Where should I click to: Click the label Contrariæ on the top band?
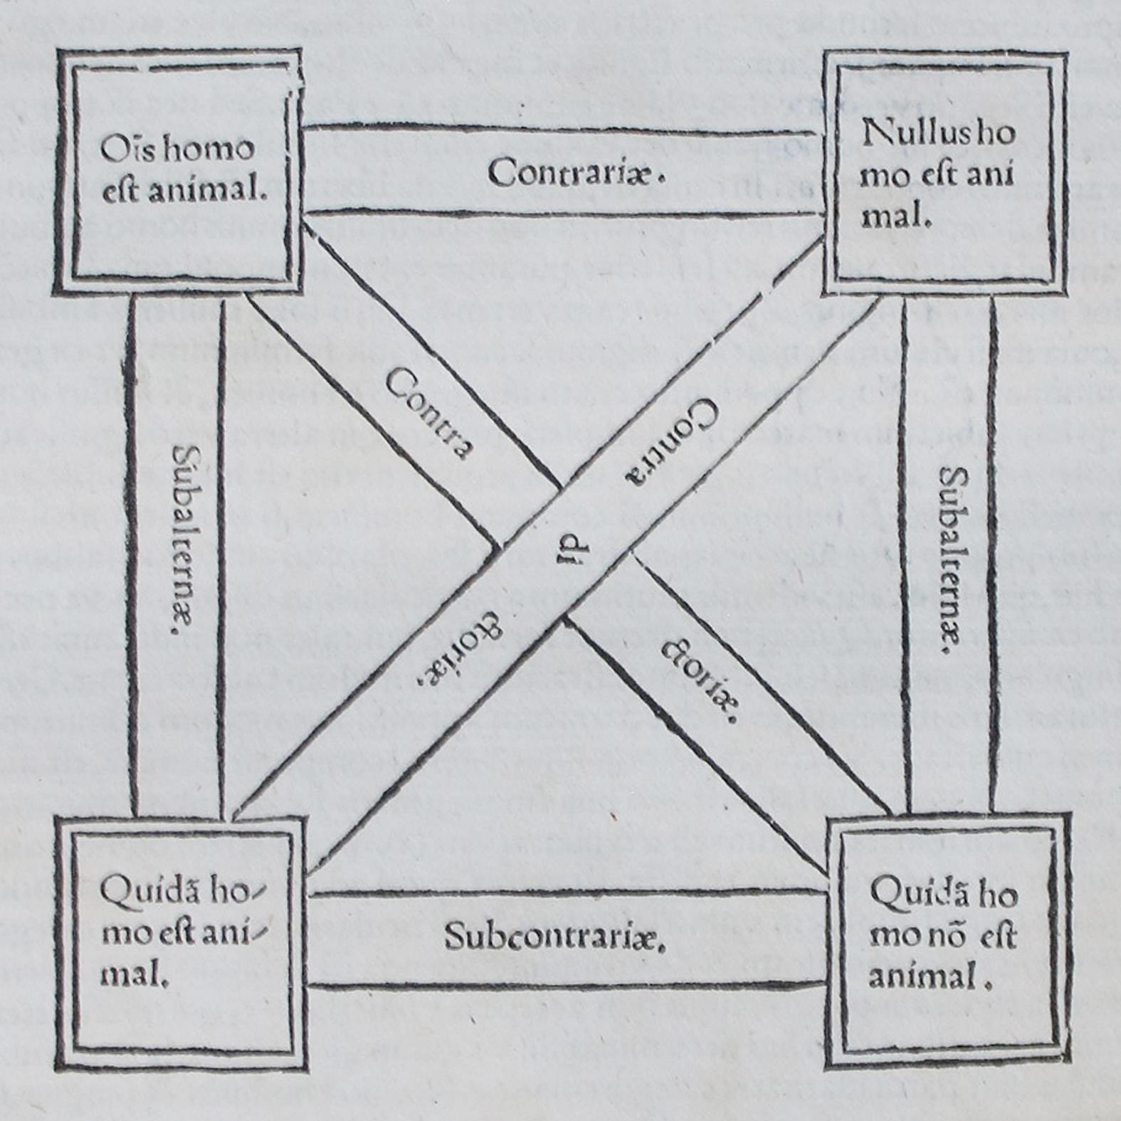click(x=575, y=172)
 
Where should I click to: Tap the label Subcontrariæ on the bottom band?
click(x=554, y=937)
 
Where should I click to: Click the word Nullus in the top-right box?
click(x=914, y=133)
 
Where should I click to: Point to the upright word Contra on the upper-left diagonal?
click(x=430, y=414)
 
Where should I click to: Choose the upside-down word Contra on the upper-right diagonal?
click(x=670, y=441)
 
